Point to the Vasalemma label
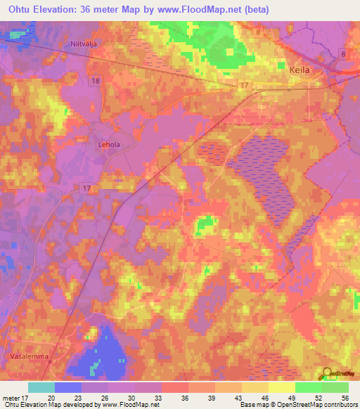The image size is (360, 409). (x=27, y=356)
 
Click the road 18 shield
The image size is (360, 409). (x=96, y=82)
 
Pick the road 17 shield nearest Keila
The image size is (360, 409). (x=244, y=86)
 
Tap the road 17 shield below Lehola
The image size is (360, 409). (x=86, y=188)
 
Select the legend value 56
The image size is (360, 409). (x=344, y=397)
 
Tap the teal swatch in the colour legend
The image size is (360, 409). (x=41, y=387)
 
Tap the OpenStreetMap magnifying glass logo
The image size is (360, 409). (x=325, y=375)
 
